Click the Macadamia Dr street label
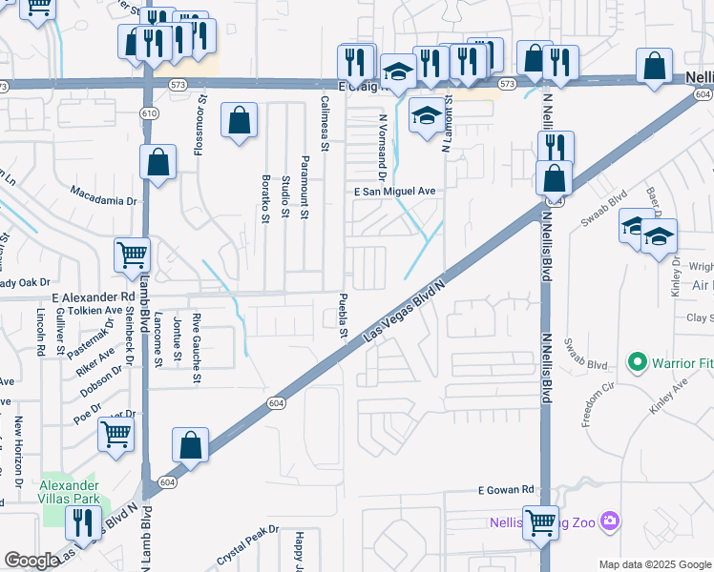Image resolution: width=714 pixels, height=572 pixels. pos(104,195)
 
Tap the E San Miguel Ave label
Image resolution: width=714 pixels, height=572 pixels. pos(394,192)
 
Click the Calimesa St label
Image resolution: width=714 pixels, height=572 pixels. pos(325,123)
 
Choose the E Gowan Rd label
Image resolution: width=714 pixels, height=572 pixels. pos(506,490)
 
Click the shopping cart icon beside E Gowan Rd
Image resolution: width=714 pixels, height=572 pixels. pos(541,522)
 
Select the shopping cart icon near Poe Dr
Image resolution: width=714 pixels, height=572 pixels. pos(116,434)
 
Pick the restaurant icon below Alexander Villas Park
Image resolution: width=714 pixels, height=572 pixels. pos(82,522)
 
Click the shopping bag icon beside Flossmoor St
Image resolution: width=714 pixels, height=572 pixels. pos(239,121)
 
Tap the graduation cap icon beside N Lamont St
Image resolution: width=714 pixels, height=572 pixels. pos(427,116)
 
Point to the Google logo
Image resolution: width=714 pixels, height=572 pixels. pos(31,561)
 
